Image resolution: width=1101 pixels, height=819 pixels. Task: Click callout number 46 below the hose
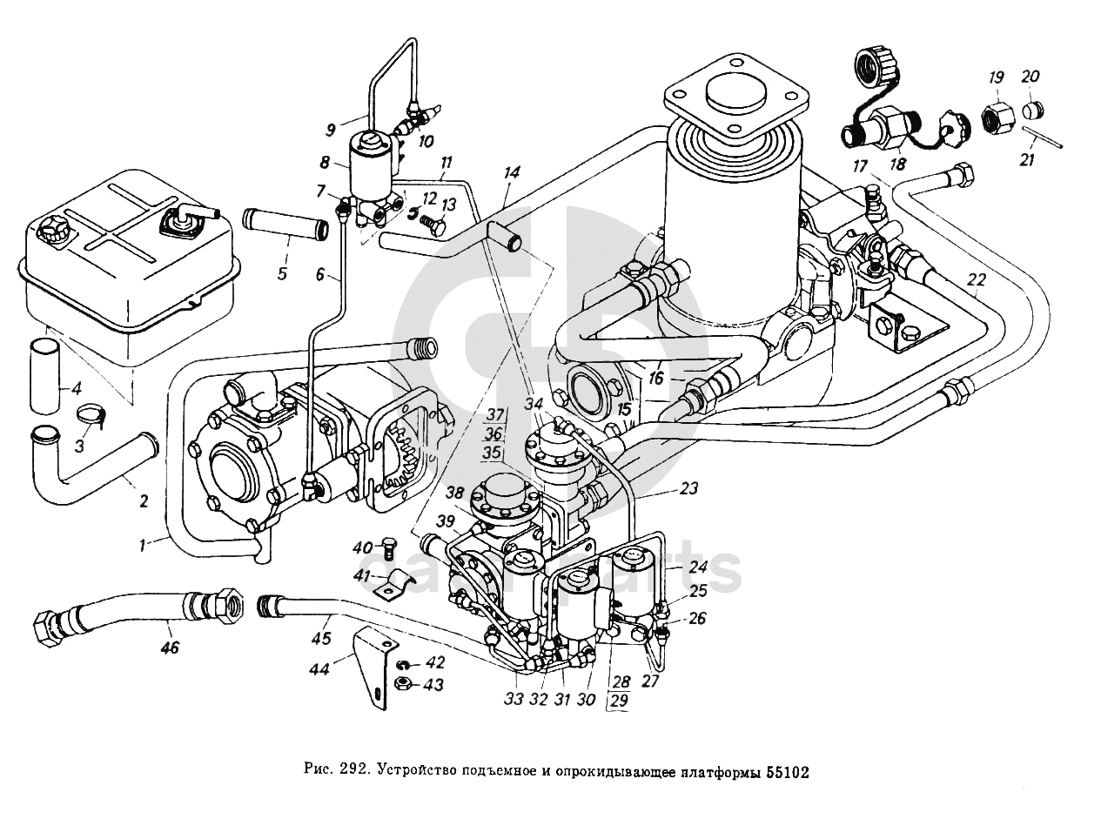click(171, 648)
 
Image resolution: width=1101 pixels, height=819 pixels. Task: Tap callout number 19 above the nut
click(995, 77)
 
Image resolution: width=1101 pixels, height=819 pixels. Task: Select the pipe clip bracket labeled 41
click(396, 586)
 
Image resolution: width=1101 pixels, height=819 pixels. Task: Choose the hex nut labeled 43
click(401, 684)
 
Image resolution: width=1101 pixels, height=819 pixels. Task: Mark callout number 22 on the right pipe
click(976, 279)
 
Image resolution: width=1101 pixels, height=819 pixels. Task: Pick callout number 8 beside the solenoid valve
click(325, 162)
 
